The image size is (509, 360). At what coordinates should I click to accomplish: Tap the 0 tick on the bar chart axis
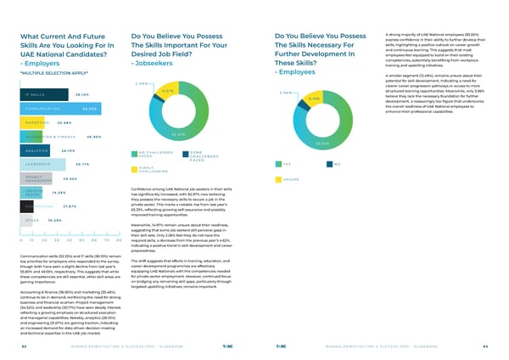coord(18,240)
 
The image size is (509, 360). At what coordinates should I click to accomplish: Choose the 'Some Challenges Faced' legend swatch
coord(186,154)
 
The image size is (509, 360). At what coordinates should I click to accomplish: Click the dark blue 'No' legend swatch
coord(327,164)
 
